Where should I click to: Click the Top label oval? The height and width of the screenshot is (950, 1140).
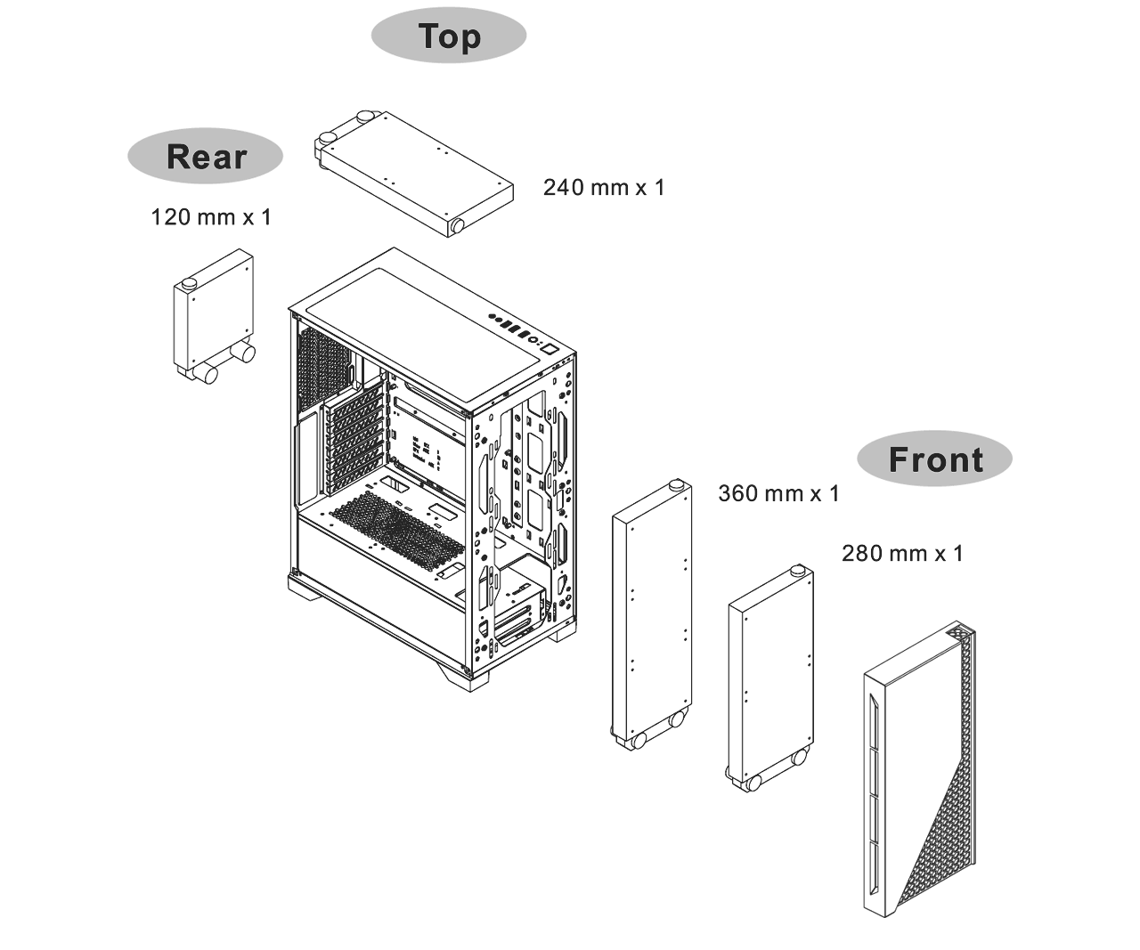448,36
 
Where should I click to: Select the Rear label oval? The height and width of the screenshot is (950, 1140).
205,156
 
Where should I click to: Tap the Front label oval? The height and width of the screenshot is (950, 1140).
935,459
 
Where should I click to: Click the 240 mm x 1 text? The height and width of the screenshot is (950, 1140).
604,187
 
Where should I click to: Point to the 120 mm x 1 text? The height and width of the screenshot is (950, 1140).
211,216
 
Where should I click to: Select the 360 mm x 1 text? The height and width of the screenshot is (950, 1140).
778,493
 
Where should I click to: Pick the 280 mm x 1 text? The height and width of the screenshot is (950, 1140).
902,554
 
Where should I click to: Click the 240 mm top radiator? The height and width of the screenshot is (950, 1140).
414,175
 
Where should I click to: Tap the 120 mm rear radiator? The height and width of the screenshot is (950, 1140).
215,316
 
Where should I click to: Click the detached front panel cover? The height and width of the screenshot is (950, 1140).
919,768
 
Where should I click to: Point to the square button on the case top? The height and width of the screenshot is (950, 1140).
550,348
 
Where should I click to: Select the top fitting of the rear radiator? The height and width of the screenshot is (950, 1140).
189,283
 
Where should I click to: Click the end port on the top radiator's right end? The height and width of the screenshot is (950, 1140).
457,225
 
